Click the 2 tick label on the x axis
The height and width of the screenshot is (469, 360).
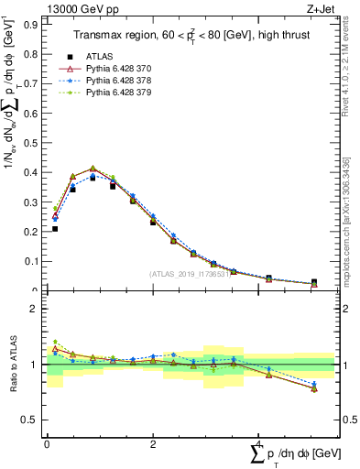[152, 442]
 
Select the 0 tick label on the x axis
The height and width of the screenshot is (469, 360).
[47, 442]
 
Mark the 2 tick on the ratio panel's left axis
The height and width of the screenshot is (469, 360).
[37, 309]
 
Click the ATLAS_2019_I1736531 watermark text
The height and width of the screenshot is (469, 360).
[191, 274]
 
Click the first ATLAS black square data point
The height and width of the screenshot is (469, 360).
[55, 228]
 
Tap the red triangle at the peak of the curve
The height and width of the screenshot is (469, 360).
[93, 169]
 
